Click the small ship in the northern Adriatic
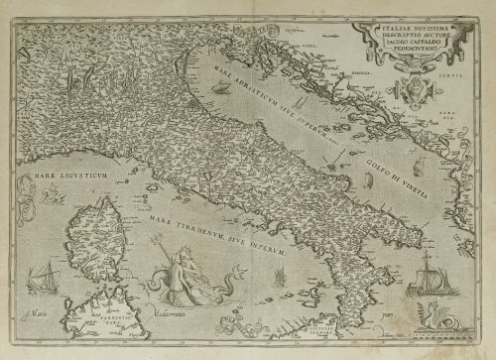coord(215,94)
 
